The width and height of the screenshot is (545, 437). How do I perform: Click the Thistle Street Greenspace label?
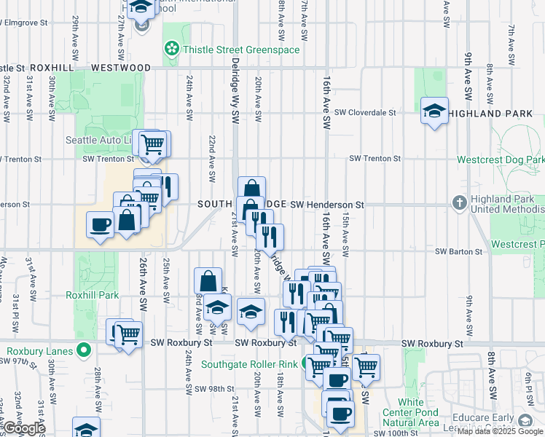(x=241, y=50)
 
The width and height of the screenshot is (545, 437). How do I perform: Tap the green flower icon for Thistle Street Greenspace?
(x=172, y=50)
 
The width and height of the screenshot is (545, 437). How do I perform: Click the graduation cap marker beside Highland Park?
(x=434, y=111)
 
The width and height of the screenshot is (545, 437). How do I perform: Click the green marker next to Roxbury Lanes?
(x=85, y=350)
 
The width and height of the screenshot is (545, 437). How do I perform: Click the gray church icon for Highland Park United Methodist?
(x=460, y=202)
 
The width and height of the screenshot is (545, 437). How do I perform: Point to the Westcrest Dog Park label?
(x=501, y=160)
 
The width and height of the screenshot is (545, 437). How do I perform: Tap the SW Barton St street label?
(x=460, y=251)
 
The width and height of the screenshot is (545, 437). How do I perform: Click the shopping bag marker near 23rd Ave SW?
(x=208, y=280)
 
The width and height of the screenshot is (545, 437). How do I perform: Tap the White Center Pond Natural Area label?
(x=411, y=412)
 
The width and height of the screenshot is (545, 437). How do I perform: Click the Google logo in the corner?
(x=23, y=428)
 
